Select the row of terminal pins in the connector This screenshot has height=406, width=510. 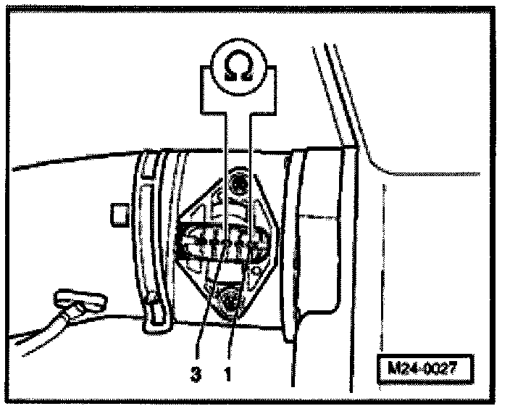tap(221, 244)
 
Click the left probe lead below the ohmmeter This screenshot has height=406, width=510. tap(225, 167)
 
